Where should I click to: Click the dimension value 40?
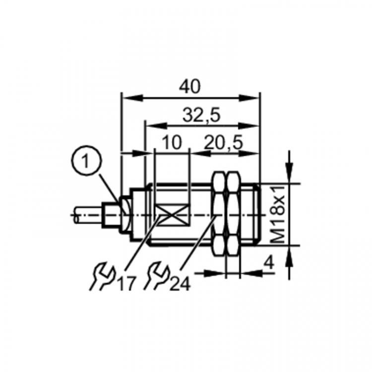(x=189, y=87)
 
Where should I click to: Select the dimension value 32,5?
(x=201, y=115)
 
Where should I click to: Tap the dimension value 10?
(x=172, y=142)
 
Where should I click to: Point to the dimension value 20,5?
(x=224, y=142)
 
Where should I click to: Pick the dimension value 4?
(x=269, y=263)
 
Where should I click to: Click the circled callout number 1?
(x=86, y=160)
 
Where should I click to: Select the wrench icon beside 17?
(x=102, y=276)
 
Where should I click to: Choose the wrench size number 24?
(x=181, y=284)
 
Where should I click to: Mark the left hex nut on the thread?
(x=219, y=214)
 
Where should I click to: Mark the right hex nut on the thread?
(x=234, y=214)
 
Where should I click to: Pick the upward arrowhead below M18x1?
(x=289, y=257)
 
